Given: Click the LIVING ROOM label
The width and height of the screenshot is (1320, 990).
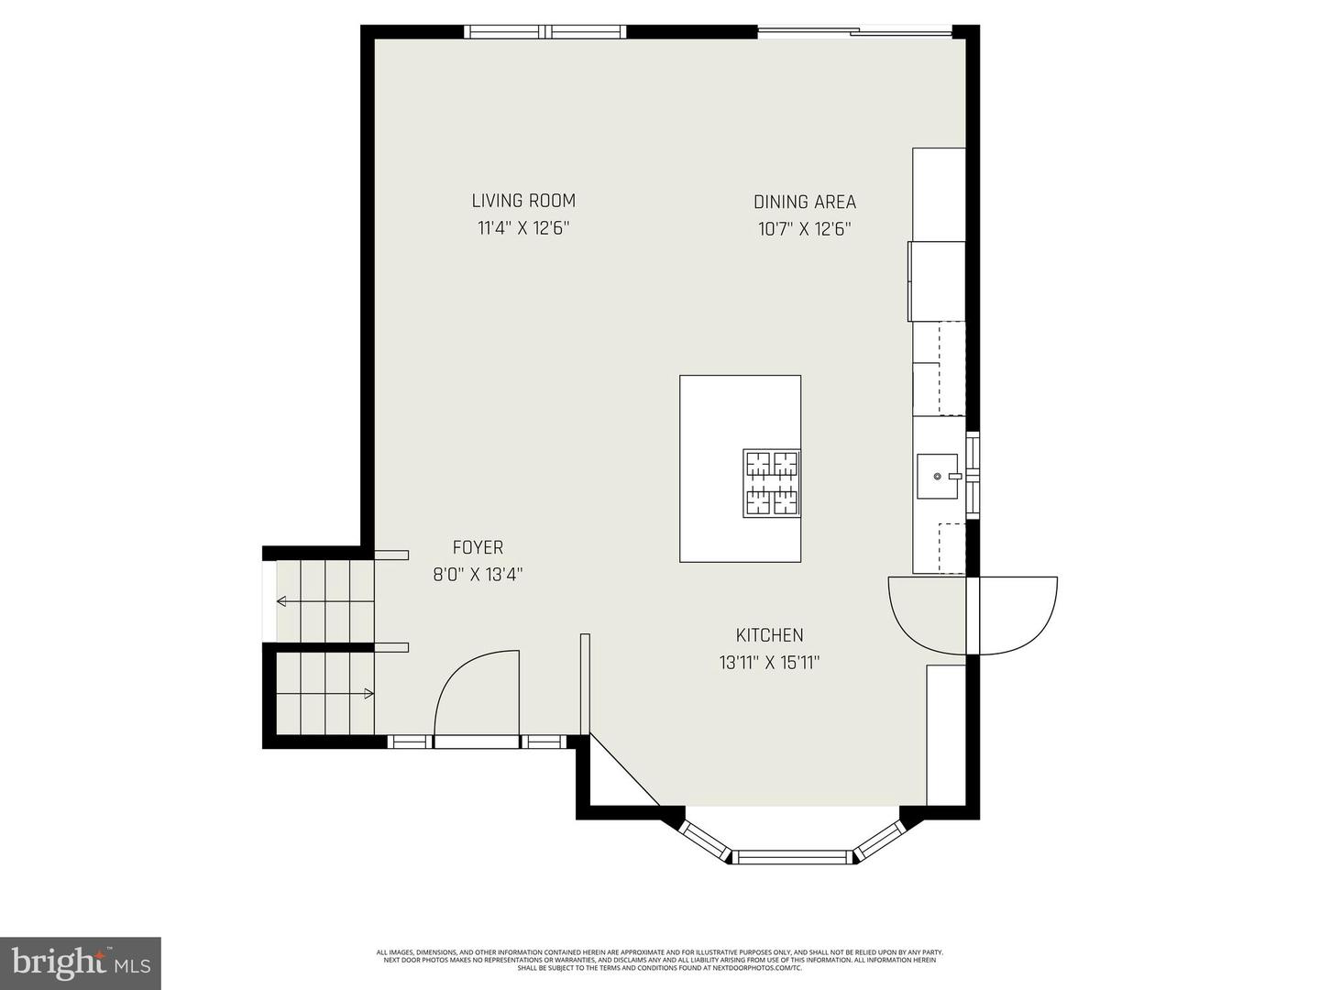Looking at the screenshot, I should (523, 201).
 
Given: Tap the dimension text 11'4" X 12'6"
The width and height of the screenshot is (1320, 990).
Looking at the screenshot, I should (523, 228).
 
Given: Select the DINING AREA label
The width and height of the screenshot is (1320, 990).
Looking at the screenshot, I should (805, 202).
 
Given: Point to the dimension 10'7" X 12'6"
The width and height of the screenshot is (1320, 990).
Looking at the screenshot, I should (805, 229).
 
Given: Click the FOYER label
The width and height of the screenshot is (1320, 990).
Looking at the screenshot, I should (478, 547).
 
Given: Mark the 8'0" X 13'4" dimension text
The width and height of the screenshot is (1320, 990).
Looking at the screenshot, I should (478, 575).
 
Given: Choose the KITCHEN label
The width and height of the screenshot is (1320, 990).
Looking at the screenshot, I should (769, 635).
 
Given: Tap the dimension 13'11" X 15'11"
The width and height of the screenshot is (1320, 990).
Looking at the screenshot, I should (769, 663).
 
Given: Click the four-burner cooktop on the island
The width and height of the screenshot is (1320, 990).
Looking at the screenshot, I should (771, 483).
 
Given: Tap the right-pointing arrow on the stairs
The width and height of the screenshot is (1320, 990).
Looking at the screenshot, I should (368, 694).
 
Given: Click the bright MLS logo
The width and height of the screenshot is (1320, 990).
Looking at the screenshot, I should (81, 962).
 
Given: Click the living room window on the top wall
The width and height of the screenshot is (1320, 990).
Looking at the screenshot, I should (546, 32).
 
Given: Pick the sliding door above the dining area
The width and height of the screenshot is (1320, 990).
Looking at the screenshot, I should (854, 33).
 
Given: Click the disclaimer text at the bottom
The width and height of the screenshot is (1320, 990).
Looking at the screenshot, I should (660, 960).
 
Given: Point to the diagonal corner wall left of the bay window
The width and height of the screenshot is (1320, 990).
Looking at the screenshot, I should (623, 770).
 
